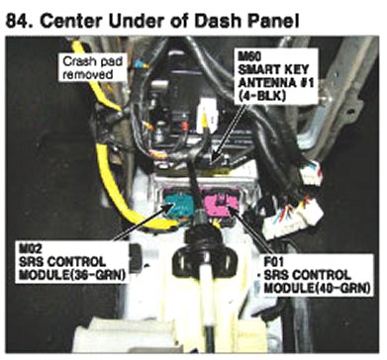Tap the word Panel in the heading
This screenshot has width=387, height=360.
(x=271, y=21)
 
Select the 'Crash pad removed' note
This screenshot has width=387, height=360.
(x=92, y=67)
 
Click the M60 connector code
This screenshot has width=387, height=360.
(x=249, y=56)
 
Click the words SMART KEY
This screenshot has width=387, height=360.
(x=273, y=69)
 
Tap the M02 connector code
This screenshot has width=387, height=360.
(x=31, y=247)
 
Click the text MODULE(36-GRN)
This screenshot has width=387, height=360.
(x=72, y=274)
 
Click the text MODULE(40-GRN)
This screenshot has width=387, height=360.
(x=317, y=288)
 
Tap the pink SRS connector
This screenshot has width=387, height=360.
(x=220, y=205)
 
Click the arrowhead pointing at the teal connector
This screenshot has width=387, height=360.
(x=169, y=207)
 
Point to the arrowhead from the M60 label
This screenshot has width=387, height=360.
(x=214, y=157)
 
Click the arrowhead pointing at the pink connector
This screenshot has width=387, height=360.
(x=229, y=209)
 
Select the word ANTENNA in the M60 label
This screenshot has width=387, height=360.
(x=266, y=82)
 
